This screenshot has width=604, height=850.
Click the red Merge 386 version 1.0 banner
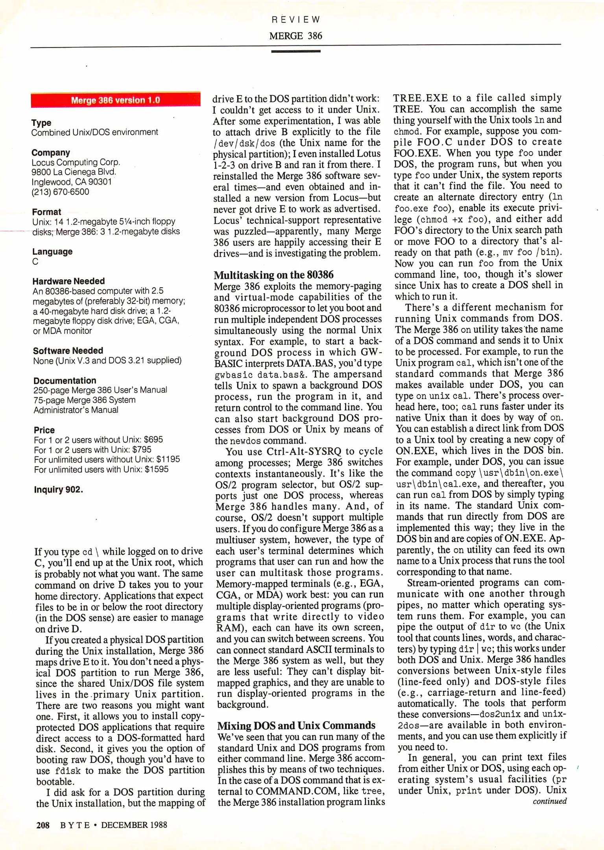point(115,100)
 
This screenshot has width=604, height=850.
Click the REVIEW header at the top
point(296,20)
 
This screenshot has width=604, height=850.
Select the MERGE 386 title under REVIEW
point(296,36)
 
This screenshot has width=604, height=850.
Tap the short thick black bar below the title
point(296,51)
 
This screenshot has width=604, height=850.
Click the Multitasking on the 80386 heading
point(273,275)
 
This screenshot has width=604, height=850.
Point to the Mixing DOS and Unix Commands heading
point(296,725)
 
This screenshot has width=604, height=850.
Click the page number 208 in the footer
point(42,825)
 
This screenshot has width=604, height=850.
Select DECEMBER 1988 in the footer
point(134,825)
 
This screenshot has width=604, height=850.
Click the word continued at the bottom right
point(549,801)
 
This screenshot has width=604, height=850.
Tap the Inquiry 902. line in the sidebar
point(58,490)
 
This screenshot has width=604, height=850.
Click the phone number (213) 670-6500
point(60,192)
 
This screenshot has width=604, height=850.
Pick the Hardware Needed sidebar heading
point(68,281)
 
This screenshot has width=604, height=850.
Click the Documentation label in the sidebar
point(65,381)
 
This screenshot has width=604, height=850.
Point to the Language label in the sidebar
point(52,251)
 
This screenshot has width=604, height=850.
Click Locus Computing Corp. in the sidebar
point(76,162)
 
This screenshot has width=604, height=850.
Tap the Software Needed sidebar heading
point(68,351)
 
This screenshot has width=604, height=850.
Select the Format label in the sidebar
point(46,212)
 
